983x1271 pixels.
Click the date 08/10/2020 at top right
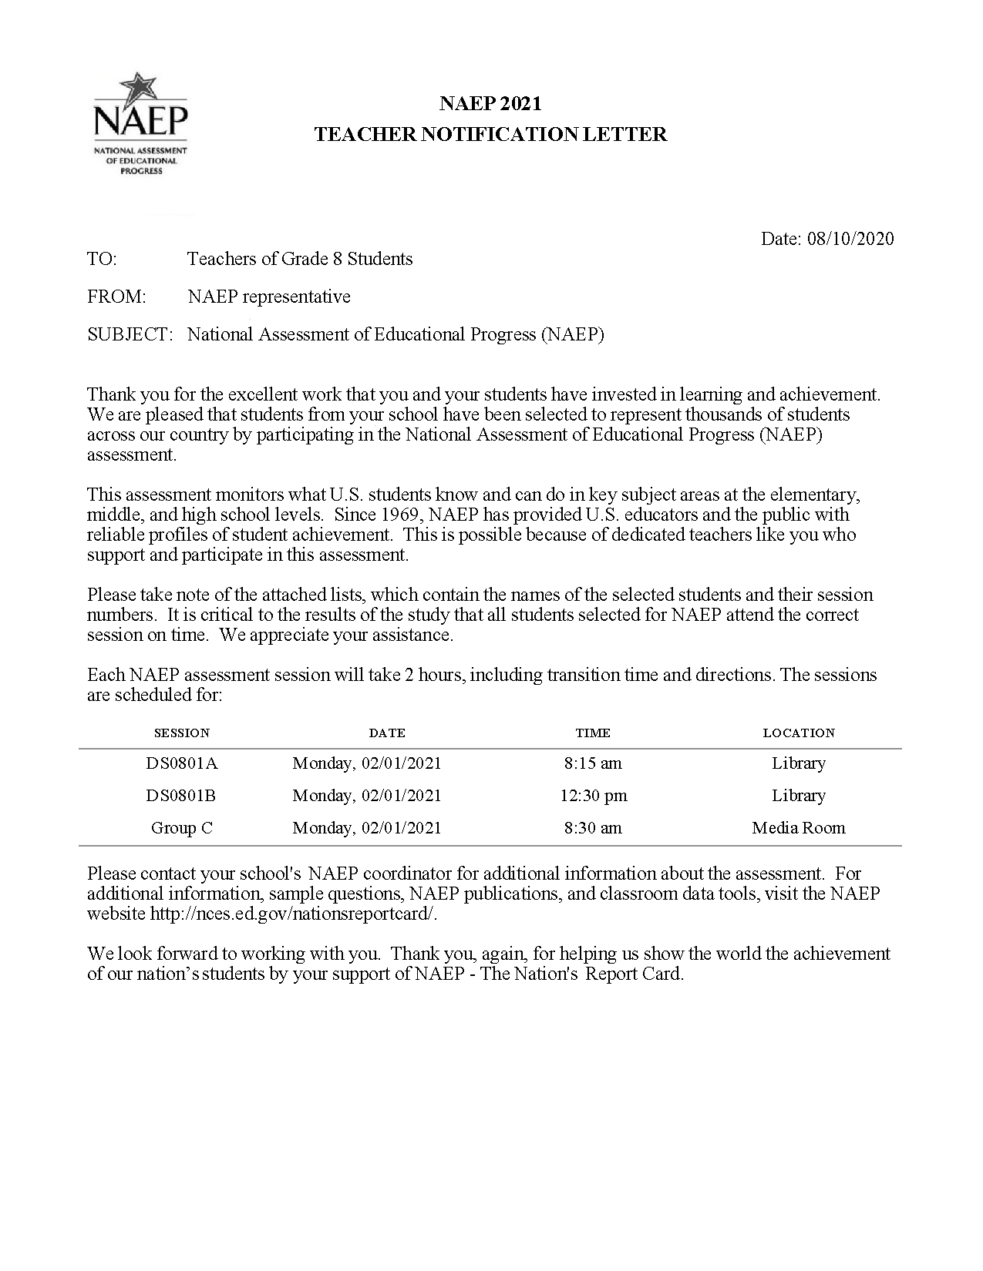[850, 239]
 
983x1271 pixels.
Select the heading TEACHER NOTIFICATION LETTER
[490, 135]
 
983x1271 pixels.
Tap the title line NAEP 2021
[490, 103]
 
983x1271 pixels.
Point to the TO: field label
[102, 259]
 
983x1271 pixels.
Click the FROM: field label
[116, 297]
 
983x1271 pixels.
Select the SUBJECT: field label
[130, 334]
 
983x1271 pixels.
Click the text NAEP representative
[269, 297]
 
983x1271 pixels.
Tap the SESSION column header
[182, 733]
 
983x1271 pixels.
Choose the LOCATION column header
[799, 733]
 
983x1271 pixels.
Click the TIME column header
[593, 733]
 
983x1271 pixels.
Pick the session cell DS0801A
[182, 763]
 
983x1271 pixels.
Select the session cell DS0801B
[182, 796]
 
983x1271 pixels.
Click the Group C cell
[182, 828]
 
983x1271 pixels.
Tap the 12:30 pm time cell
[593, 796]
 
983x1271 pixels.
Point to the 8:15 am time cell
[593, 763]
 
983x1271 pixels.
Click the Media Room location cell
[799, 828]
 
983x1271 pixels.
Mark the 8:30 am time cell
[593, 828]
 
